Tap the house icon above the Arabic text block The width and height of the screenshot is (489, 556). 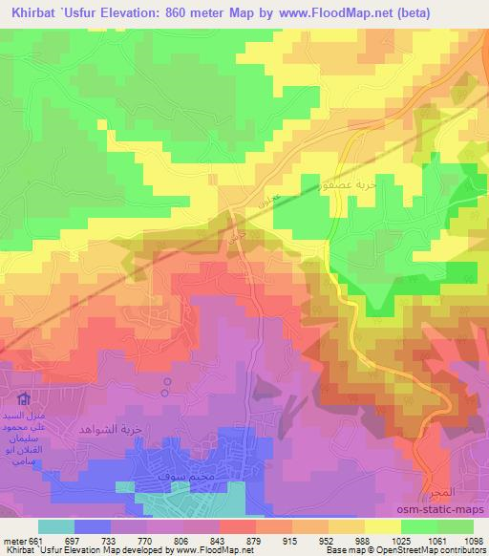(x=25, y=400)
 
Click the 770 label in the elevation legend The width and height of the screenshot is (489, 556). (x=158, y=540)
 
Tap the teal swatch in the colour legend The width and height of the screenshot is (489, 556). (x=56, y=525)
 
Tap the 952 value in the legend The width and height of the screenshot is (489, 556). (x=330, y=540)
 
